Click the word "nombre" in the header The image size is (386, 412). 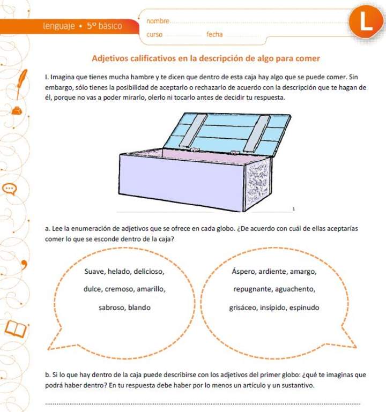(x=157, y=21)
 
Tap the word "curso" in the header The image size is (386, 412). (x=154, y=35)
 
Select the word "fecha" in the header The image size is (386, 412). (x=214, y=35)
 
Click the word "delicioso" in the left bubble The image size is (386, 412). (x=149, y=271)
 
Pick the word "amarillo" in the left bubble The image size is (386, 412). (x=151, y=289)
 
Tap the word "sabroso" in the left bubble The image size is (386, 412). (x=111, y=308)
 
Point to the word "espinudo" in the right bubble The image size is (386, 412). (x=303, y=308)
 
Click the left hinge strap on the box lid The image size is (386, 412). (x=194, y=131)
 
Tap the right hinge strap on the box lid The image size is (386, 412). (x=256, y=133)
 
